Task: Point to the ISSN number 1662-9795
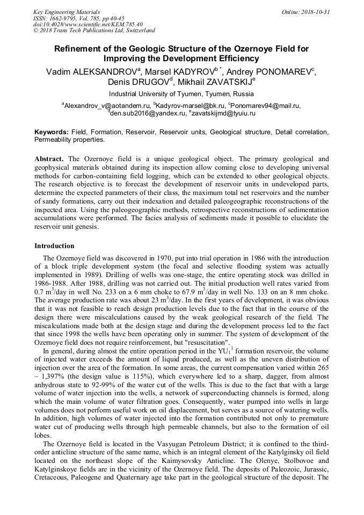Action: coord(62,18)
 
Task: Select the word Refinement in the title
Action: coord(79,48)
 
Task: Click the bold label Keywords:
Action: coord(52,132)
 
